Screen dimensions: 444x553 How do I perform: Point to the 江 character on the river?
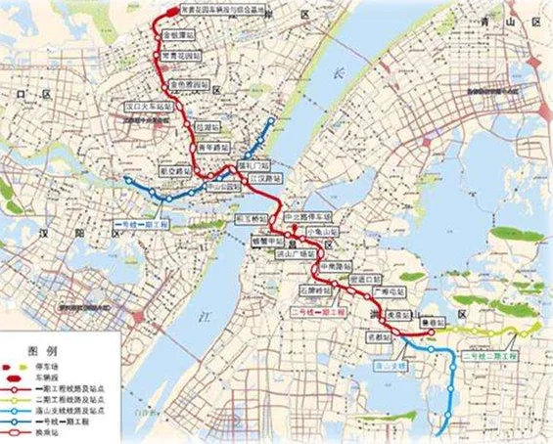[x=206, y=315]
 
